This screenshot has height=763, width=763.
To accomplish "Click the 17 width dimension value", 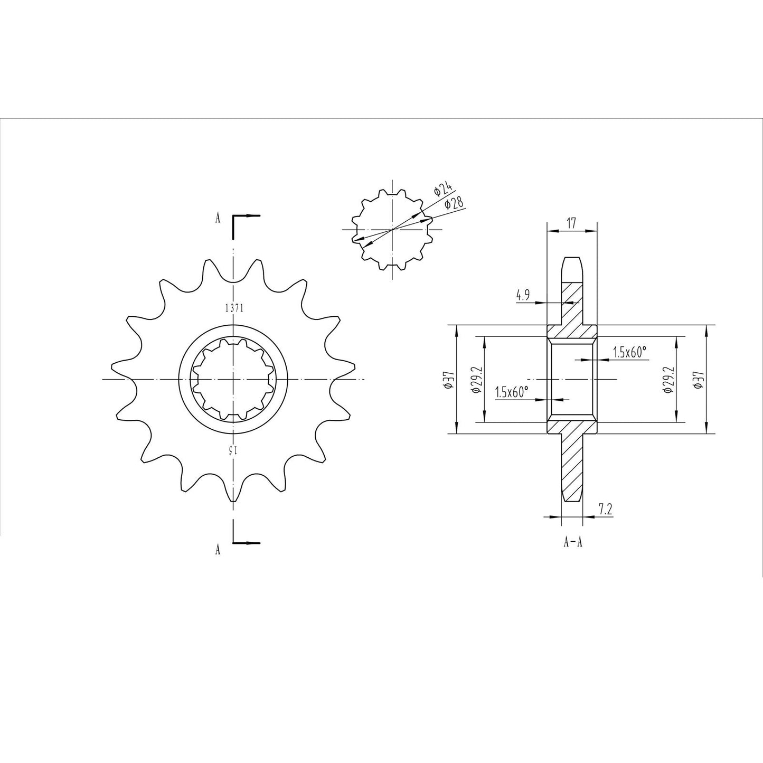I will pyautogui.click(x=571, y=223).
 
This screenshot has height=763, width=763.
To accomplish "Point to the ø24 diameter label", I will pyautogui.click(x=442, y=189).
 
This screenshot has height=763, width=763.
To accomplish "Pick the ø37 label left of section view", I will pyautogui.click(x=449, y=379).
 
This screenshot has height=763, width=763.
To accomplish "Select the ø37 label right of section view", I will pyautogui.click(x=699, y=379).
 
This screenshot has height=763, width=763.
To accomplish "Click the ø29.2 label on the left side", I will pyautogui.click(x=477, y=379).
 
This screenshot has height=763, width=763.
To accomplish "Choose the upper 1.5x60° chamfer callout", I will pyautogui.click(x=629, y=352).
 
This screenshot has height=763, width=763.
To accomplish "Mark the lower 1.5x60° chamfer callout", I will pyautogui.click(x=512, y=392).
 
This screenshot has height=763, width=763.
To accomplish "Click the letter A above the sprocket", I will pyautogui.click(x=218, y=218).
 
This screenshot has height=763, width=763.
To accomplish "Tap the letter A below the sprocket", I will pyautogui.click(x=218, y=550).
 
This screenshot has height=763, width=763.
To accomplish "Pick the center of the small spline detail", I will pyautogui.click(x=392, y=229).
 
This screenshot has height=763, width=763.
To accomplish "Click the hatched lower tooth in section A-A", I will pyautogui.click(x=572, y=465).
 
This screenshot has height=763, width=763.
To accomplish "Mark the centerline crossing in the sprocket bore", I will pyautogui.click(x=232, y=379).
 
